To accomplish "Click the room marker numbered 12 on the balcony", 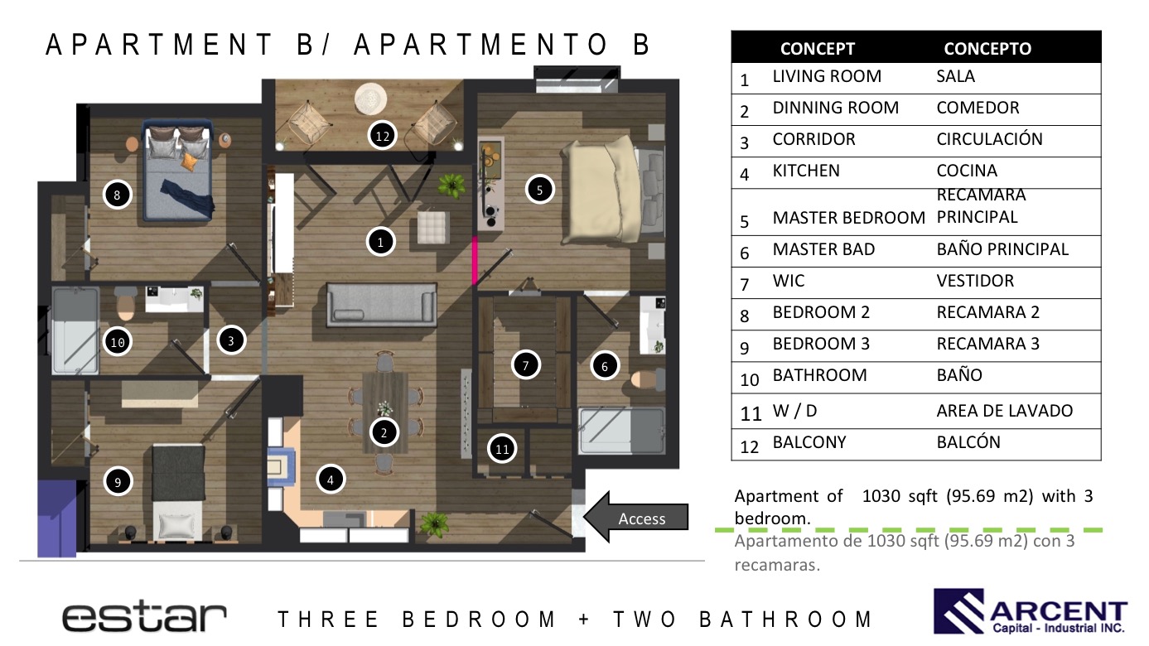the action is tap(382, 136).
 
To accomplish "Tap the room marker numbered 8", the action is tap(117, 195).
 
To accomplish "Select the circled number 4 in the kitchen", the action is tap(331, 480).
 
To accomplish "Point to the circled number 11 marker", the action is tap(502, 449).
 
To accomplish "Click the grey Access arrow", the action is tap(636, 517).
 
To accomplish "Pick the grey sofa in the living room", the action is tap(382, 305).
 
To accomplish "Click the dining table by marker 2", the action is tap(385, 412).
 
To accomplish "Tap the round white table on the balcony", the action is tap(370, 99).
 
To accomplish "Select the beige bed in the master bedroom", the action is tap(601, 190).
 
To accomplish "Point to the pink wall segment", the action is tap(475, 260).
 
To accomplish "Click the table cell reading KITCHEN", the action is tap(806, 171).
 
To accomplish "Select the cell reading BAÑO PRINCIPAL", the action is tap(1002, 249).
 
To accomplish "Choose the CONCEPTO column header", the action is tap(987, 49).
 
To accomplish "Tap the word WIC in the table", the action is tap(789, 281).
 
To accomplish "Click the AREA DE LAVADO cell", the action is tap(1004, 411).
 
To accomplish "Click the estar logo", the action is tap(144, 617).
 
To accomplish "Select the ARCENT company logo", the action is tap(1030, 611).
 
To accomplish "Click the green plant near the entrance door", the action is tap(434, 524).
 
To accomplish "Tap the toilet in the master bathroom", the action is tap(647, 379).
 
